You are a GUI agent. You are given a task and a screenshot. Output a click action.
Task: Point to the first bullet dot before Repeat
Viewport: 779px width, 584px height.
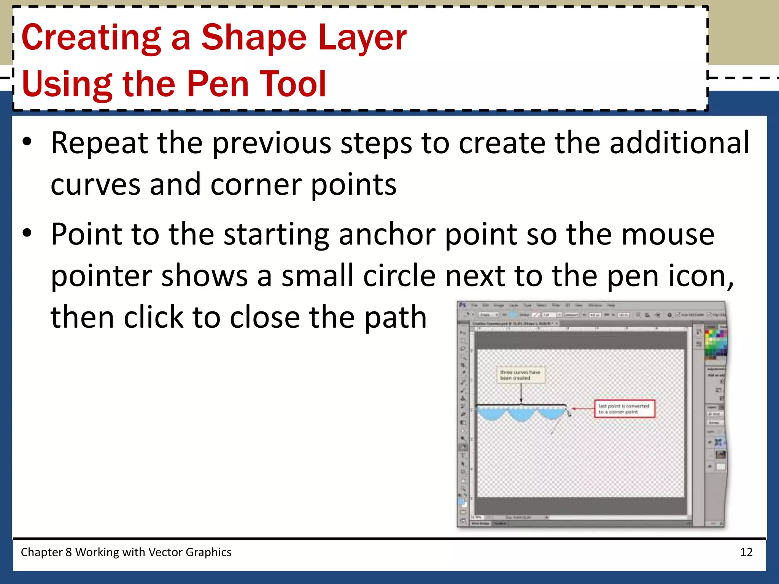click(27, 142)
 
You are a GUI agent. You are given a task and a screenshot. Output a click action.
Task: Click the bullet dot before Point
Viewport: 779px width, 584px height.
click(27, 233)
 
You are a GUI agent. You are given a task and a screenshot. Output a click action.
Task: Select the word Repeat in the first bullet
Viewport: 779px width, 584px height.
click(99, 143)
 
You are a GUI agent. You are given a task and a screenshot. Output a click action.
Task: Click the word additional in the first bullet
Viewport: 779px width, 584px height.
click(679, 143)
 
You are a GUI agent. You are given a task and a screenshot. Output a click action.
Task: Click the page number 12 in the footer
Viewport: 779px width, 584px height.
click(746, 552)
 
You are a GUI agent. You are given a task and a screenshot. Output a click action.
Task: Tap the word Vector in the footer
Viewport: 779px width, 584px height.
click(164, 552)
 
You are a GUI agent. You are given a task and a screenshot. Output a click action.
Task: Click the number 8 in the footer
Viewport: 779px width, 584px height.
click(68, 552)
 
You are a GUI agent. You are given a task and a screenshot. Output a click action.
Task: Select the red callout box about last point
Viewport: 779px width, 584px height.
click(624, 409)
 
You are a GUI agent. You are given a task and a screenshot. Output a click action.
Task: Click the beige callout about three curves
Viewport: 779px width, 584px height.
click(520, 375)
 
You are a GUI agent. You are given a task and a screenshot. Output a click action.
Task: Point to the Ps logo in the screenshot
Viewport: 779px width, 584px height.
click(463, 305)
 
